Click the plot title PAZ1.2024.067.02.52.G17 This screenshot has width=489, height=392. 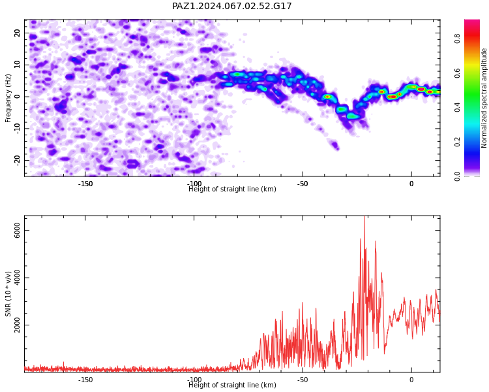pyautogui.click(x=232, y=6)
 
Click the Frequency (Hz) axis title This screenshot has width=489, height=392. pyautogui.click(x=8, y=98)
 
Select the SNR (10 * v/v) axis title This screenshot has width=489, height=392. pyautogui.click(x=8, y=294)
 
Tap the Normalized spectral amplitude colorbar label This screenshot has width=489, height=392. pyautogui.click(x=484, y=98)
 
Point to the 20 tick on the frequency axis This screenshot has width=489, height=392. pyautogui.click(x=17, y=33)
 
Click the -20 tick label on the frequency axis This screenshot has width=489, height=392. pyautogui.click(x=17, y=160)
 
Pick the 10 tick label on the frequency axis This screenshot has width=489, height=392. pyautogui.click(x=17, y=65)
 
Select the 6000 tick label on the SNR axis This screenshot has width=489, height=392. pyautogui.click(x=17, y=231)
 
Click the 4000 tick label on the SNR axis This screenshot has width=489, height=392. pyautogui.click(x=17, y=278)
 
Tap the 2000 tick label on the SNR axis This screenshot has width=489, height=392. pyautogui.click(x=17, y=325)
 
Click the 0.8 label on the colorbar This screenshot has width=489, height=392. pyautogui.click(x=457, y=39)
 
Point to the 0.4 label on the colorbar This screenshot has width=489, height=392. pyautogui.click(x=457, y=107)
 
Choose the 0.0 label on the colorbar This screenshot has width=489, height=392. pyautogui.click(x=457, y=176)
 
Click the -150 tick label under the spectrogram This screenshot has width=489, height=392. pyautogui.click(x=85, y=184)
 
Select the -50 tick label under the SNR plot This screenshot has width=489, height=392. pyautogui.click(x=302, y=380)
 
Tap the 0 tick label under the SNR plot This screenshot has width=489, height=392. pyautogui.click(x=411, y=380)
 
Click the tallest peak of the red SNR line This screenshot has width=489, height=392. pyautogui.click(x=364, y=216)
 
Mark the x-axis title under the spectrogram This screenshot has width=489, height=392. pyautogui.click(x=232, y=189)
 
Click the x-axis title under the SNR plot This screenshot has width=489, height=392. pyautogui.click(x=232, y=385)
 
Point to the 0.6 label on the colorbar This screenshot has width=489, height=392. pyautogui.click(x=457, y=73)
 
